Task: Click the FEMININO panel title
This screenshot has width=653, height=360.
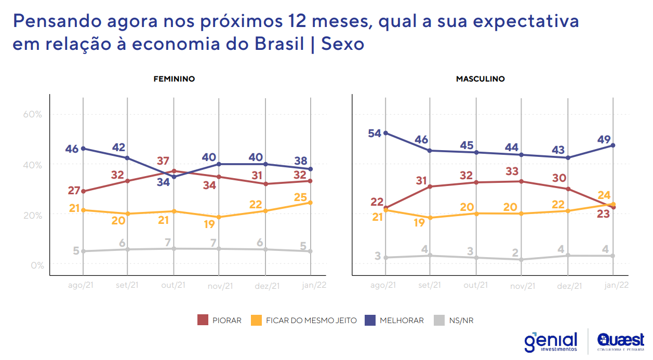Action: click(x=174, y=79)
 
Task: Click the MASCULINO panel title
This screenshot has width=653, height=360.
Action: click(x=480, y=79)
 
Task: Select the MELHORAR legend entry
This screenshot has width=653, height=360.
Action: click(x=394, y=321)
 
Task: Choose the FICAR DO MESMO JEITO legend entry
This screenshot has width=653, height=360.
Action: click(x=304, y=321)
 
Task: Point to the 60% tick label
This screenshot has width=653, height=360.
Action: click(x=33, y=114)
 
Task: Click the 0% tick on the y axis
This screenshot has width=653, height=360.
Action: click(x=36, y=265)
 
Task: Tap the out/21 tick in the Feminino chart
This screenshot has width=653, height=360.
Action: click(x=174, y=285)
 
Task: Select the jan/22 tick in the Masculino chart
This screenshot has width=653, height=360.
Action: click(x=617, y=285)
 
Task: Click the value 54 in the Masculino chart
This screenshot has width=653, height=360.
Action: click(x=374, y=133)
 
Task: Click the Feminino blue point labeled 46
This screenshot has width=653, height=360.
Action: click(x=84, y=149)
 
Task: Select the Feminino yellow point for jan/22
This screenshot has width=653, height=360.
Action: click(x=310, y=203)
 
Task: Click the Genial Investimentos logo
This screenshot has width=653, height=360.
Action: click(x=551, y=342)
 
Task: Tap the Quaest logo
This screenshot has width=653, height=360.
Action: click(x=620, y=342)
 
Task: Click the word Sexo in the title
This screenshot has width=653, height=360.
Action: click(x=343, y=44)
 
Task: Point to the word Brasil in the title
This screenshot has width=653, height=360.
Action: click(x=279, y=44)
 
